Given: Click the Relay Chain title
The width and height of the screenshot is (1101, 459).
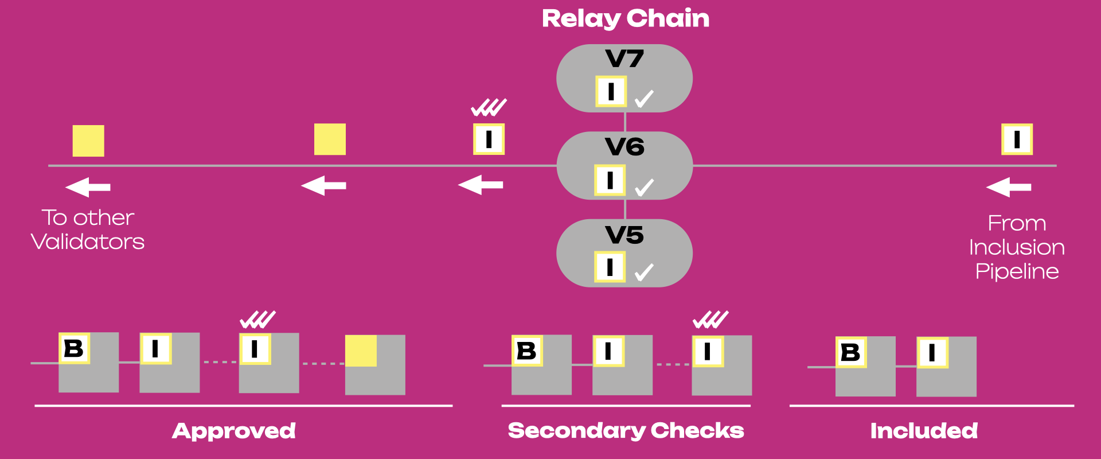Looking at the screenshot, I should coord(625,18).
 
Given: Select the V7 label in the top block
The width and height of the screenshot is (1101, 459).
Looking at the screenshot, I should coord(624,59).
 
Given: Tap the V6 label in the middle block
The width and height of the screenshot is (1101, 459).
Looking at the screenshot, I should coord(624,147).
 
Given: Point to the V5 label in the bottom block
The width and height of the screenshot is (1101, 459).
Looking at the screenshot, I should coord(624,235).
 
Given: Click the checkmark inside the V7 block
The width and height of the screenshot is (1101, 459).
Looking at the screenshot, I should coord(644,99).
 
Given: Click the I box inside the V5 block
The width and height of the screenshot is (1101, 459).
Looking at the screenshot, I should coord(610,267).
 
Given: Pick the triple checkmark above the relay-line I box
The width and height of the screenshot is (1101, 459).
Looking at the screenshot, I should coord(489,107).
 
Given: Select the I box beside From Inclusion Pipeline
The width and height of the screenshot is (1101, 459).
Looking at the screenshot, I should coord(1017,139).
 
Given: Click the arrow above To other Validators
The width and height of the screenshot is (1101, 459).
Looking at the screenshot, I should coord(88,187).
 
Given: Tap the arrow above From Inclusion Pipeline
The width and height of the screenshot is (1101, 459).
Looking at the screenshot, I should coord(1009,187).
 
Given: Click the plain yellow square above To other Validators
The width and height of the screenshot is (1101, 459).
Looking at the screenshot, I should coord(88,141).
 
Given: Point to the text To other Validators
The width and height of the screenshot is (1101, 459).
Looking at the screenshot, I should coord(88,229).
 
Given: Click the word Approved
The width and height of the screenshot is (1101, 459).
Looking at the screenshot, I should coord(234,431).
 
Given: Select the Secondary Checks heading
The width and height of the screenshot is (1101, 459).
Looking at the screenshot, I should coord(626,431).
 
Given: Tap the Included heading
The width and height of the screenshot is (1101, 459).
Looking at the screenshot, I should coord(924,431).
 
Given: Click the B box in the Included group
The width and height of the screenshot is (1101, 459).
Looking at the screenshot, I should coord(851,352).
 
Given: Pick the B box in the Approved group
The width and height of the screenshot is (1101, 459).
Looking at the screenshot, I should coord(74,348).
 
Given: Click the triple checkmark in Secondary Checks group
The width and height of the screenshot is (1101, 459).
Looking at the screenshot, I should coord(710,320).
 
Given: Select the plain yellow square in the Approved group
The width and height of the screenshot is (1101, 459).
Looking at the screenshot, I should coord(361,351).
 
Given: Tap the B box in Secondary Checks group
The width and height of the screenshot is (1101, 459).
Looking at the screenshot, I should coord(527,351).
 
